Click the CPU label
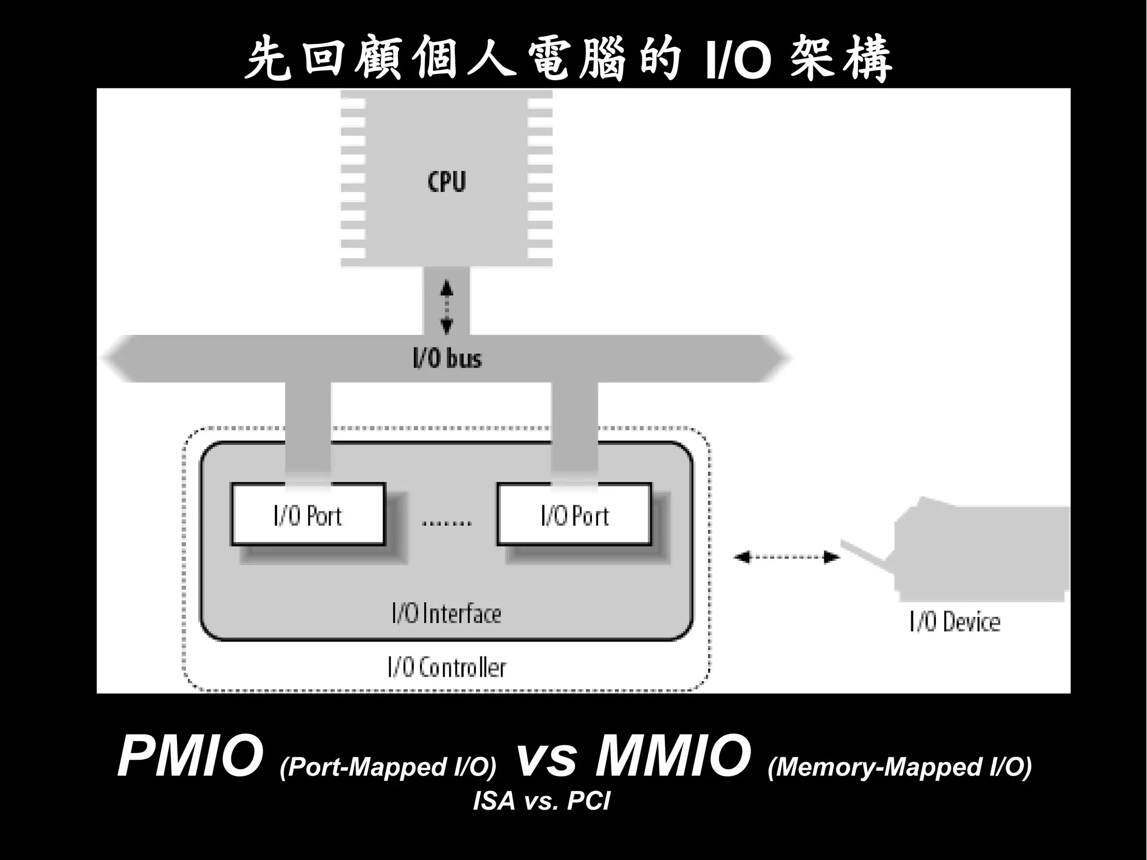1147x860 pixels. coord(446,182)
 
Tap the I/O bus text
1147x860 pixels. coord(447,359)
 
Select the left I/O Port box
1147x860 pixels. coord(308,514)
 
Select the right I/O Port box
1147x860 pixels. coord(574,514)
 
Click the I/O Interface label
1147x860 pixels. coord(446,613)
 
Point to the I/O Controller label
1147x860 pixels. coord(446,667)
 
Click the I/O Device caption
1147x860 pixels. coord(954,622)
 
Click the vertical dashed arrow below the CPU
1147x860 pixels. coord(446,307)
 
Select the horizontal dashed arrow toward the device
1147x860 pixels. coord(786,557)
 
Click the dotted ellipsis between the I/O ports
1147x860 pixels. coord(446,523)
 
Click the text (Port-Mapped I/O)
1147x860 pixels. coord(388,766)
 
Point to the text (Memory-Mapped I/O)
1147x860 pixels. coord(899,766)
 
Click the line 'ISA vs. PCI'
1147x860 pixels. coord(541,801)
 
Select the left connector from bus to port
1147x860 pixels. coord(308,429)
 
